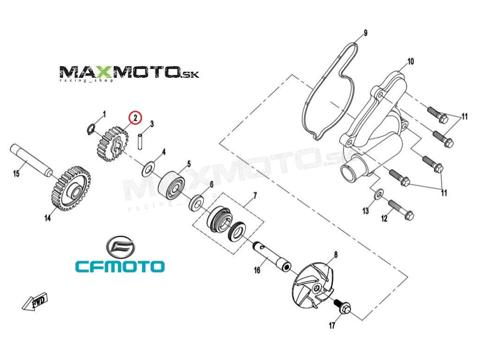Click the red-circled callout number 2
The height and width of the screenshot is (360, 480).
coord(135,118)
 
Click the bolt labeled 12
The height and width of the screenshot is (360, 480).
coord(401,210)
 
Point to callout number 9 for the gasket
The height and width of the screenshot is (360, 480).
coord(366,33)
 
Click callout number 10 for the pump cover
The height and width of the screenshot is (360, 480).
coord(411,61)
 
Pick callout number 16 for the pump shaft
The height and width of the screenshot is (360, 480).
coord(257,270)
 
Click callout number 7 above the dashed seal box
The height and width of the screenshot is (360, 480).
coord(255,194)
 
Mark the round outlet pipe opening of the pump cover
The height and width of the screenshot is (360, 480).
coord(349,173)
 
